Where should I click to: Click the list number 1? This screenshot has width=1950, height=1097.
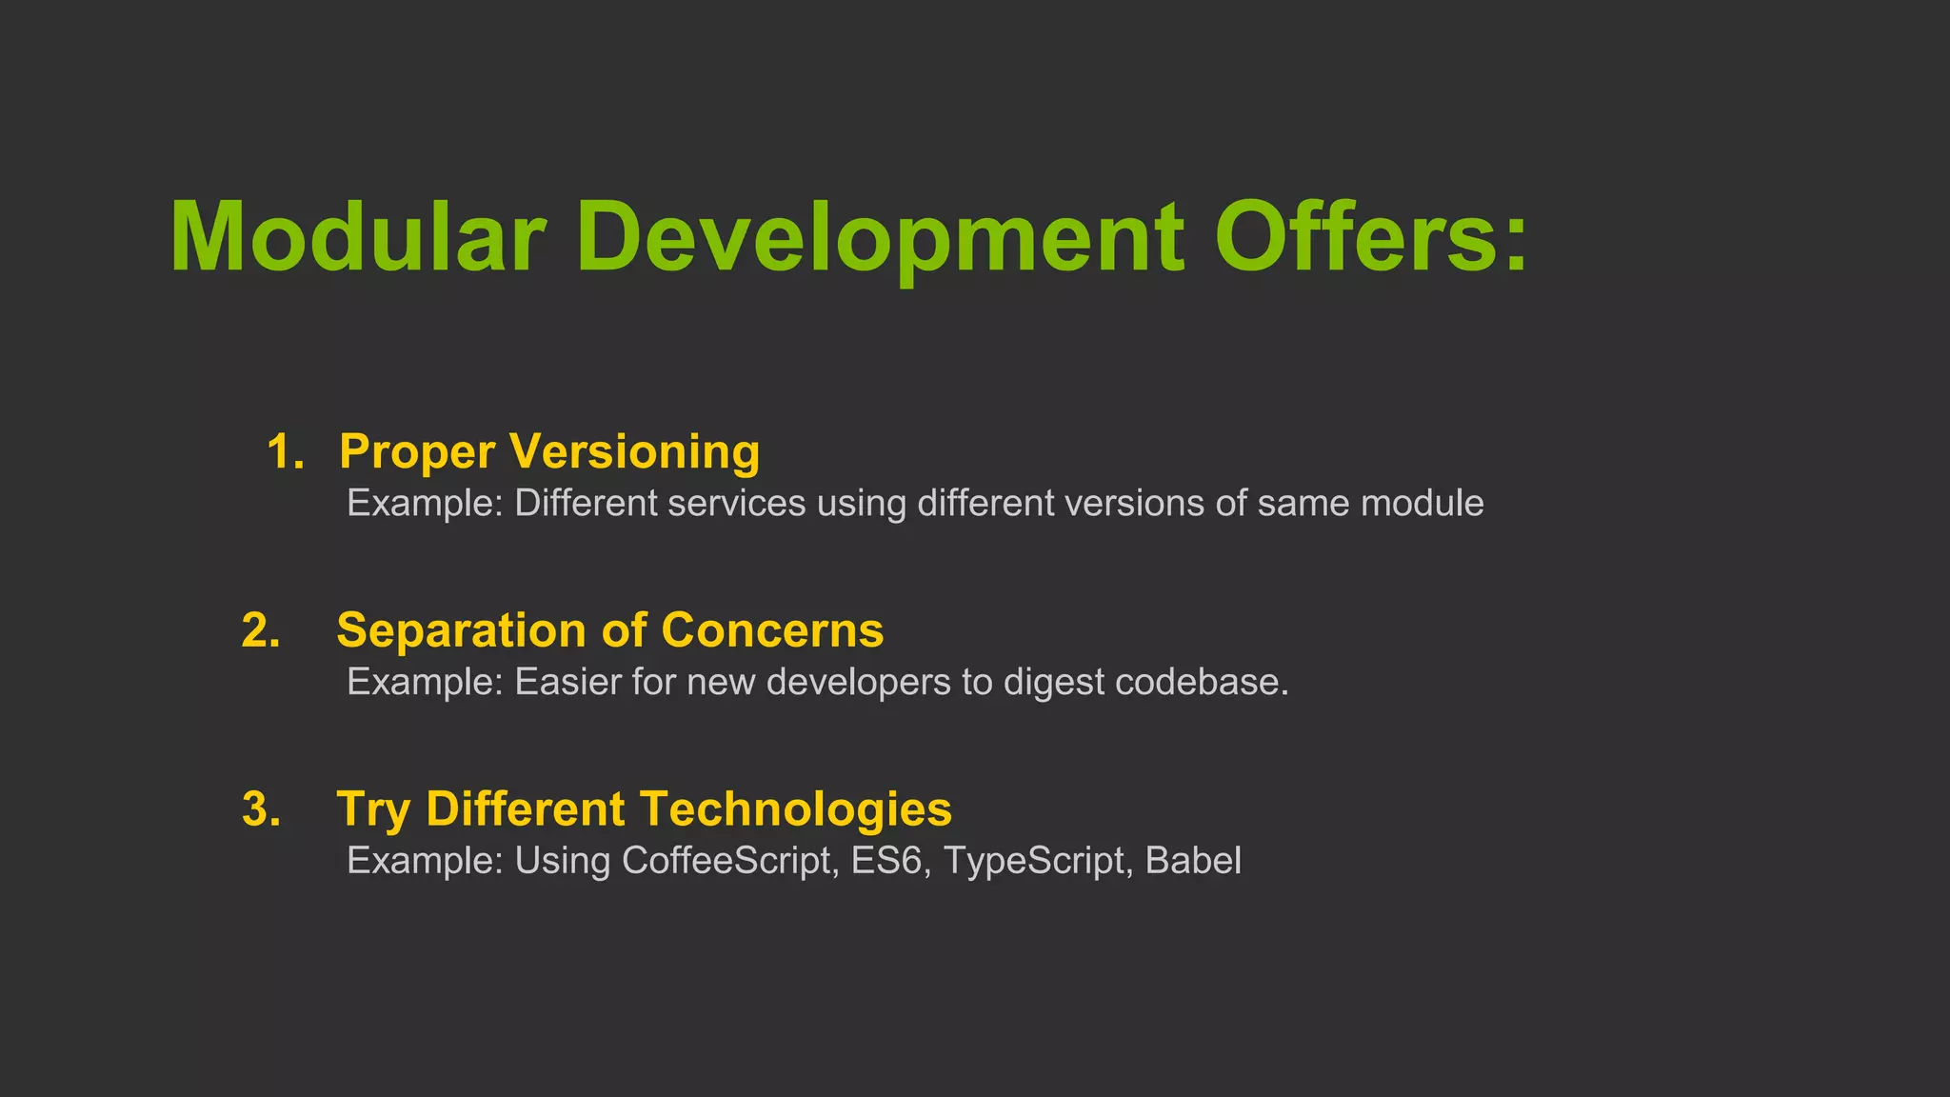(284, 451)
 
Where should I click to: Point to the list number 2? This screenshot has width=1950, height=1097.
(260, 630)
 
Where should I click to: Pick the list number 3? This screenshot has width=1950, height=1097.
(260, 809)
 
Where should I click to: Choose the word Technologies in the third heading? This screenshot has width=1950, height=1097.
(796, 810)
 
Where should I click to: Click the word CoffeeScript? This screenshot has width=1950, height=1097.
(729, 861)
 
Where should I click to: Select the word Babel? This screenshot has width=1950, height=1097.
(1193, 860)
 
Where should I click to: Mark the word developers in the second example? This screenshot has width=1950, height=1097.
(858, 683)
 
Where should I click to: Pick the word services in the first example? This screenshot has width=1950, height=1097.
(736, 503)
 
